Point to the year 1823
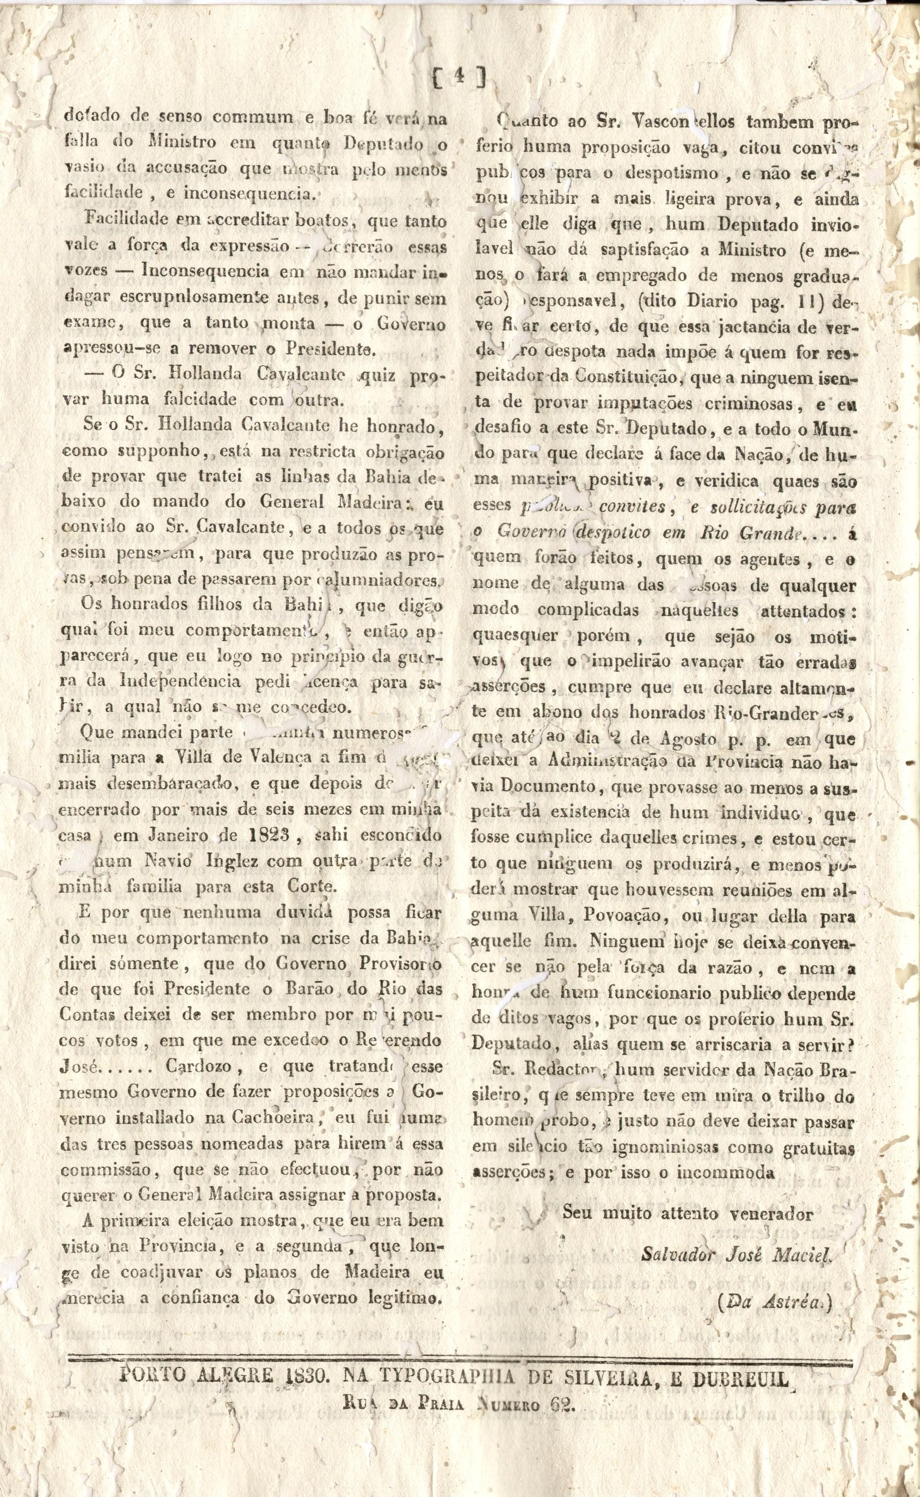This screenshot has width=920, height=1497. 251,836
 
